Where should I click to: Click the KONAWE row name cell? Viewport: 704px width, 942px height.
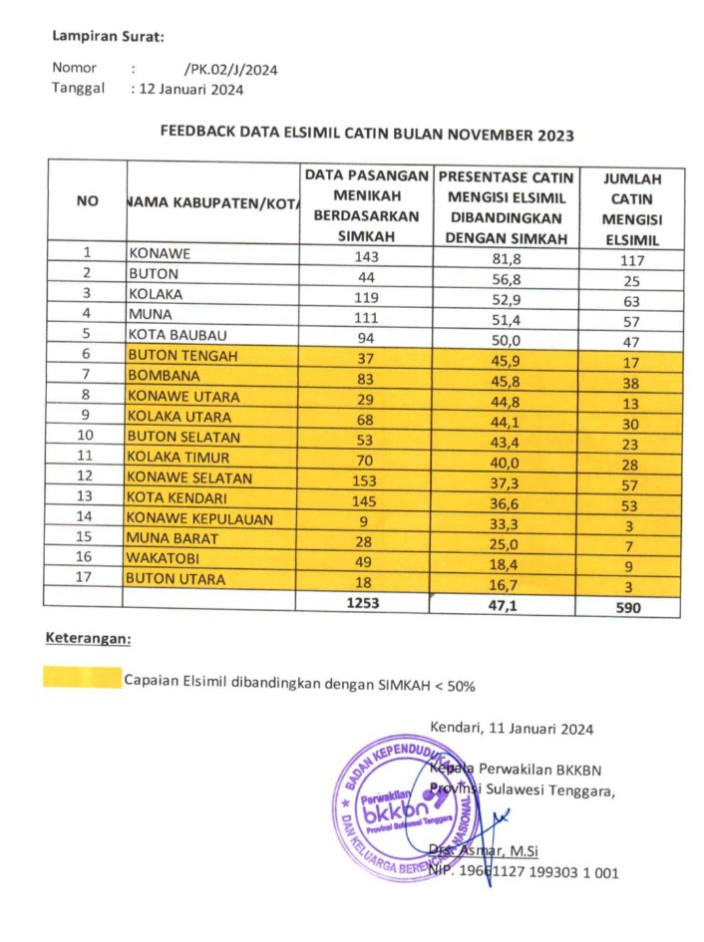(160, 253)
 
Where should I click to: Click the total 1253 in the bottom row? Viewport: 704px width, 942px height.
(366, 602)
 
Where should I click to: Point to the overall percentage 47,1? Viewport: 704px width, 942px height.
(507, 602)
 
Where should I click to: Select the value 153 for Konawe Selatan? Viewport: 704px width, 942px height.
(366, 477)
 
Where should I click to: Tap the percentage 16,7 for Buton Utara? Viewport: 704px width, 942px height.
(507, 580)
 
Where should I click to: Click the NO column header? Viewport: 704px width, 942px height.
(87, 201)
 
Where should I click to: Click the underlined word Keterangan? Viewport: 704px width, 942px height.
(88, 638)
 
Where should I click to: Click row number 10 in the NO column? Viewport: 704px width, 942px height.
(87, 437)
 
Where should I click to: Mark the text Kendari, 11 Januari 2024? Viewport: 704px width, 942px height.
(512, 729)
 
